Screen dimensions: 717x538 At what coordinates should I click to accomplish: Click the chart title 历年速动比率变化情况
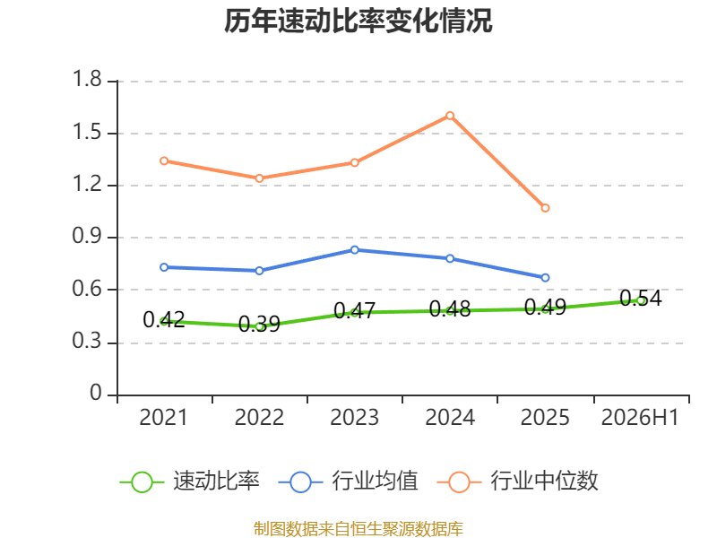click(358, 21)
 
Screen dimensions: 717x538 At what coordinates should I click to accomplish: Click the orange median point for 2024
click(450, 116)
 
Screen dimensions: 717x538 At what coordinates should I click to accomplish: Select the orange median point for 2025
click(545, 208)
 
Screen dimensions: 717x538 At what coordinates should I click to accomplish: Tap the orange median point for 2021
click(164, 161)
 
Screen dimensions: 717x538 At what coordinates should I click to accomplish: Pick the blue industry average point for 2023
click(355, 250)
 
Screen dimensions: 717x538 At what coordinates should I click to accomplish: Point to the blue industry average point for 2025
click(545, 278)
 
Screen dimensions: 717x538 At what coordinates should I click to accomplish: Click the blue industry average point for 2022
click(259, 271)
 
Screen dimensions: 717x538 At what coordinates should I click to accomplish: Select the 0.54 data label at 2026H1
click(641, 299)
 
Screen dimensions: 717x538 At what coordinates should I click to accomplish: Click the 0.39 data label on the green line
click(259, 324)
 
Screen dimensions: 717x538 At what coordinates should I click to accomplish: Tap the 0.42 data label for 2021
click(164, 319)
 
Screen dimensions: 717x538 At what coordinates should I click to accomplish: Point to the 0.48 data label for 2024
click(450, 308)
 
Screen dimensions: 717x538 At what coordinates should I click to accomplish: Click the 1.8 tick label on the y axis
click(87, 79)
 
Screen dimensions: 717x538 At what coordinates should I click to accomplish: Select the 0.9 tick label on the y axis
click(87, 236)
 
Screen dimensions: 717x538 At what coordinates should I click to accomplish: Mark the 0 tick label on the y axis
click(96, 393)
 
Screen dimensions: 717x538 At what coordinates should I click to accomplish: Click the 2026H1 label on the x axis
click(640, 418)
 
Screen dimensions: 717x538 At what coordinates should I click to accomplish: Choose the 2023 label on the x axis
click(355, 418)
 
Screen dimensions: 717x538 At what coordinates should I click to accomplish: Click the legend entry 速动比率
click(190, 482)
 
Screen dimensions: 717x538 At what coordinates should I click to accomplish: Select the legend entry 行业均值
click(349, 482)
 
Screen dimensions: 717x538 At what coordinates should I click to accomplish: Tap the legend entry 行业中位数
click(518, 482)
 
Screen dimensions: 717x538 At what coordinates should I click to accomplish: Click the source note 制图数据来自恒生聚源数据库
click(358, 529)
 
